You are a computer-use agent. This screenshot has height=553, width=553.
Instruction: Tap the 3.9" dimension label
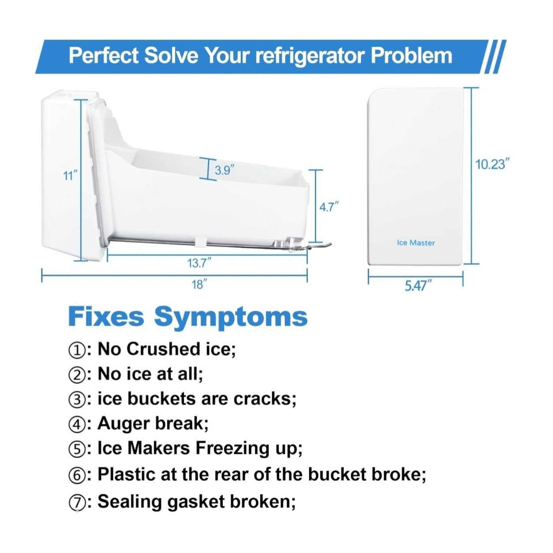(222, 171)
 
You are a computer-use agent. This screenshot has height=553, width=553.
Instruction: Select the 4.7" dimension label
(329, 207)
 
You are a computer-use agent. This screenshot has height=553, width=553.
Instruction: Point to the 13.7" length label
(200, 263)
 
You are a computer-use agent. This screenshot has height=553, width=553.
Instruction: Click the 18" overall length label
(199, 285)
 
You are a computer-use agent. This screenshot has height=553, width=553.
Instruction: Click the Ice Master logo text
(416, 243)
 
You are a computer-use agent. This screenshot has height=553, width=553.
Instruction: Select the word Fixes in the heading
(106, 316)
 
